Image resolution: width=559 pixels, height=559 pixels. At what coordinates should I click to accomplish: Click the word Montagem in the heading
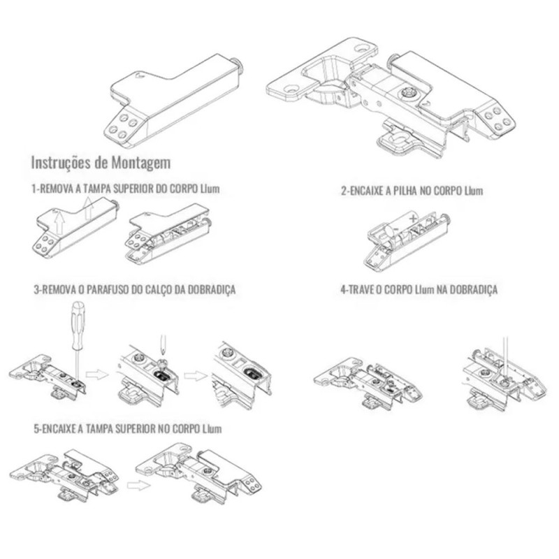coord(140,163)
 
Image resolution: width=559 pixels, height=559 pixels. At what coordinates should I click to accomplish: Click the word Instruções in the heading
coord(61,163)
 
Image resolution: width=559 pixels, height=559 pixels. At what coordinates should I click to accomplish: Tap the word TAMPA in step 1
coord(96,188)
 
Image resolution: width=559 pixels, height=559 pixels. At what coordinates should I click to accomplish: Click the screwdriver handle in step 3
coord(78,324)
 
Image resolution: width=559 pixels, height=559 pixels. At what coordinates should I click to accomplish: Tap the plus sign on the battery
coord(413,218)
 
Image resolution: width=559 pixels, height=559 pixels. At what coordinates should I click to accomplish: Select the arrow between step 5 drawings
coord(138,485)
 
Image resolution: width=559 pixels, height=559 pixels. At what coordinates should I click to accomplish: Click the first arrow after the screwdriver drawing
coord(97,375)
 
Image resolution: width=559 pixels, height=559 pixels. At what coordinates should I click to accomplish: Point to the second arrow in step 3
coord(195,376)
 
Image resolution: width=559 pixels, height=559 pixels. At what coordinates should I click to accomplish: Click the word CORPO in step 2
coord(450,191)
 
